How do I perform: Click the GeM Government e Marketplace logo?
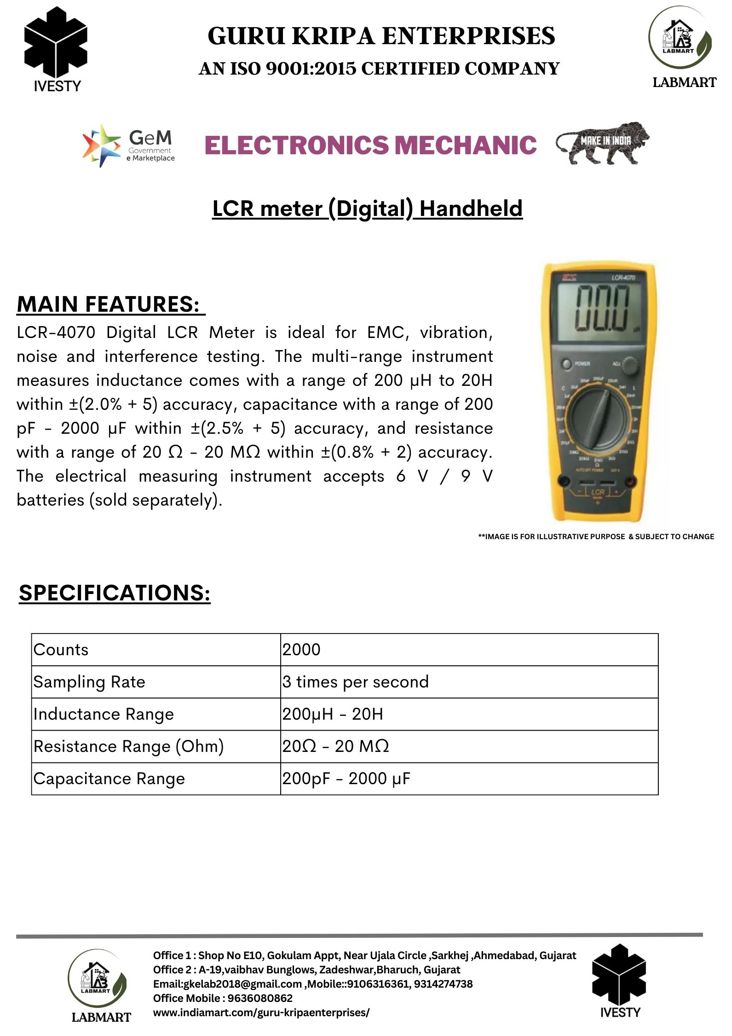click(x=128, y=146)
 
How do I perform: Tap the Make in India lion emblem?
click(x=602, y=143)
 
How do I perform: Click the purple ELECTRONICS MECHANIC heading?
click(x=370, y=145)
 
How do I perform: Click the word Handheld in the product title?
click(x=471, y=209)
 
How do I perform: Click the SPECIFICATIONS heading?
click(x=115, y=593)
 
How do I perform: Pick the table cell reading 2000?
click(x=301, y=649)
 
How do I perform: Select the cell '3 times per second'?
click(x=355, y=681)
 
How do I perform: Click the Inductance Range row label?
click(x=104, y=714)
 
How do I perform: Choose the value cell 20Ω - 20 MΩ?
click(x=335, y=746)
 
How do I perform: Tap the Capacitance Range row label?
click(x=109, y=778)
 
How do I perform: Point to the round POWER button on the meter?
click(x=566, y=364)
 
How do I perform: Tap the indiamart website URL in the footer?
click(x=261, y=1013)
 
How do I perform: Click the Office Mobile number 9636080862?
click(x=260, y=998)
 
